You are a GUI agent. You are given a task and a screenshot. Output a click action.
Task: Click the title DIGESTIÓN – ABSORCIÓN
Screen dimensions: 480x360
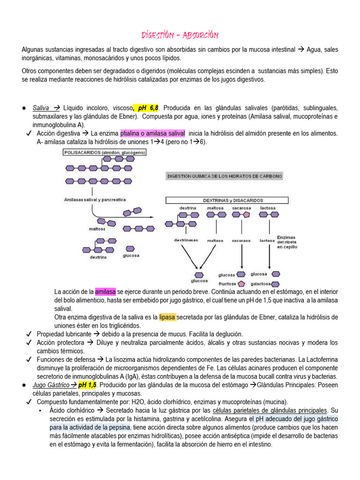(x=180, y=36)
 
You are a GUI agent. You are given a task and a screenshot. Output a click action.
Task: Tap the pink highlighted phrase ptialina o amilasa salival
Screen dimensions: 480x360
(x=153, y=134)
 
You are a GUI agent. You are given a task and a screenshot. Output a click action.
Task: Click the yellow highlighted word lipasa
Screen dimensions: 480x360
(x=167, y=317)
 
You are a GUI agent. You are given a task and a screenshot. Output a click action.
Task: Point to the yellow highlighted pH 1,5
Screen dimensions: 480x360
(x=87, y=385)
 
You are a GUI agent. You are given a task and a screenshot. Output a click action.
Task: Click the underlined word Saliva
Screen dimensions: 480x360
(x=41, y=108)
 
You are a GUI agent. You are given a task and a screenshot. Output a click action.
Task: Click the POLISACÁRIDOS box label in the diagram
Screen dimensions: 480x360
(x=105, y=152)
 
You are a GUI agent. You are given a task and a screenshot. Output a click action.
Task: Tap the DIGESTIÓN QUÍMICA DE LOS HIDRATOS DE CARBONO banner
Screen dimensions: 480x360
(x=225, y=176)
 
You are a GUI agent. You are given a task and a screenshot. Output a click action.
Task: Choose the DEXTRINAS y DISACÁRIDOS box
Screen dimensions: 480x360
(x=233, y=200)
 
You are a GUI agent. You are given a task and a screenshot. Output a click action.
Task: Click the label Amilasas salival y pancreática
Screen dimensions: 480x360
(x=95, y=199)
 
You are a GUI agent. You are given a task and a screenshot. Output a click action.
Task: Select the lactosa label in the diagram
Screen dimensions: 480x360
(x=268, y=207)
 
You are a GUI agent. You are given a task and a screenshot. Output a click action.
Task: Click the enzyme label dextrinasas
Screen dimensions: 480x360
(x=186, y=240)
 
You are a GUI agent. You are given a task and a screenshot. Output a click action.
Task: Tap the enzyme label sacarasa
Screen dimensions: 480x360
(x=241, y=240)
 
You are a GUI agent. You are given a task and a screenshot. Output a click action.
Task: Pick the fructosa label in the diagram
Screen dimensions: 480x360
(x=227, y=284)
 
